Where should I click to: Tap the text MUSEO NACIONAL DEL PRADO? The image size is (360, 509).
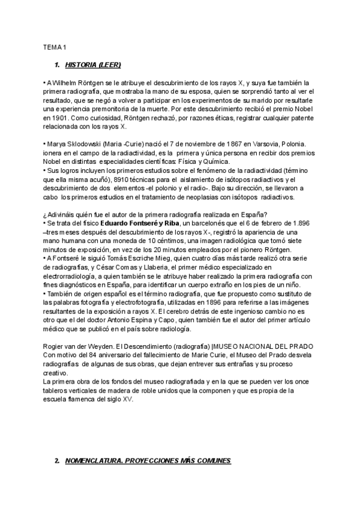(265, 346)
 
